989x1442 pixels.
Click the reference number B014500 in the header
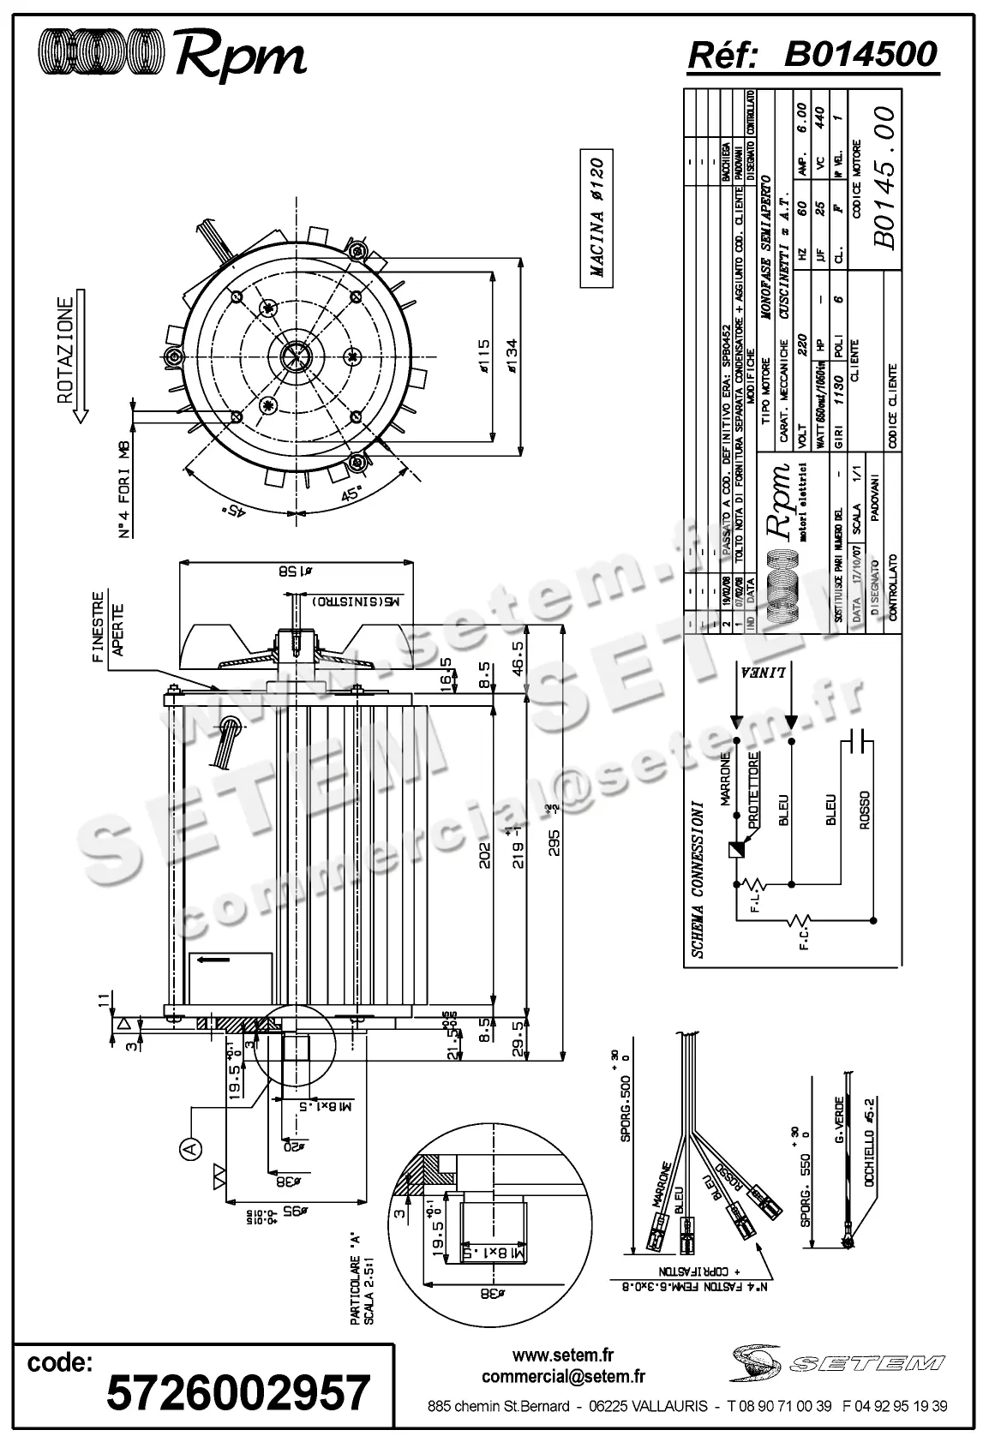(860, 55)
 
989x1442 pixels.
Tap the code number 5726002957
(238, 1391)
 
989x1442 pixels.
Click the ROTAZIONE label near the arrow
(65, 350)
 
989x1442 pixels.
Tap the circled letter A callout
(190, 1146)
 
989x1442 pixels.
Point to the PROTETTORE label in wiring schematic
(752, 789)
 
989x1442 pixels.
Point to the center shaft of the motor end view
(296, 355)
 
